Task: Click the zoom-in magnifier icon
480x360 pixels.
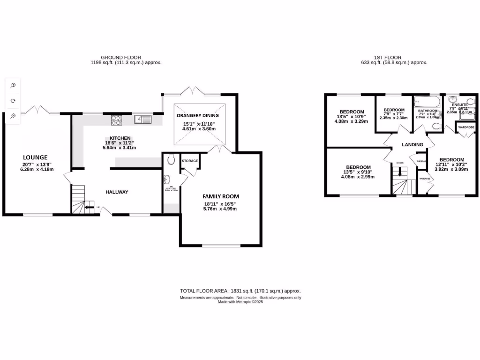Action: pyautogui.click(x=13, y=85)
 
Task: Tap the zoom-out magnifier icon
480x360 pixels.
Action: pyautogui.click(x=13, y=116)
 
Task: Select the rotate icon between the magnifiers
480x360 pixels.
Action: pyautogui.click(x=13, y=100)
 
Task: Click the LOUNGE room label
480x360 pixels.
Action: pyautogui.click(x=36, y=157)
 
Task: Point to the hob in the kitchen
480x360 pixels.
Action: pyautogui.click(x=116, y=120)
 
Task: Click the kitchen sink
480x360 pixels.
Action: pyautogui.click(x=142, y=120)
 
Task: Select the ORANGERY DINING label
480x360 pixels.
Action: pyautogui.click(x=198, y=115)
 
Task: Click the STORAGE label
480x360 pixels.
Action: pyautogui.click(x=190, y=161)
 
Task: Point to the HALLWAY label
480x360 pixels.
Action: pyautogui.click(x=117, y=192)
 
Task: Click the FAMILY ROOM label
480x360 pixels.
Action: pyautogui.click(x=221, y=196)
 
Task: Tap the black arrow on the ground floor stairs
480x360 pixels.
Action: pyautogui.click(x=88, y=207)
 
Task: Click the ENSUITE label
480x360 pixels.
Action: pyautogui.click(x=460, y=105)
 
